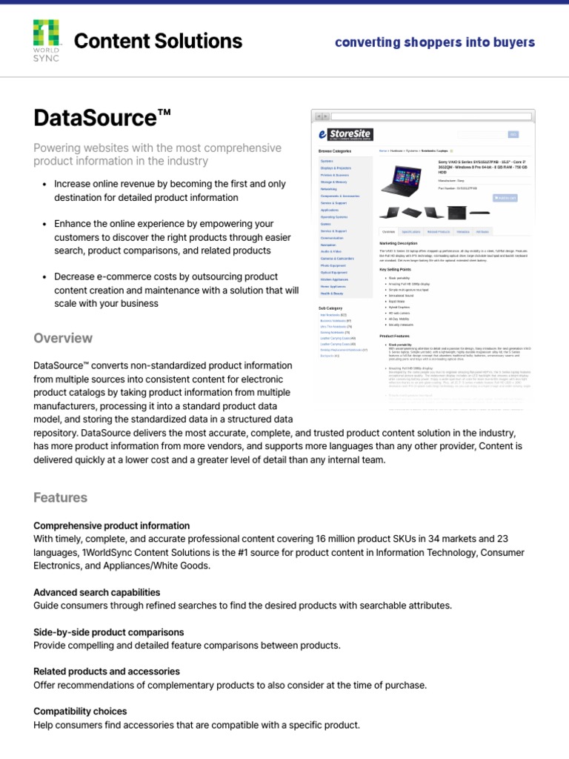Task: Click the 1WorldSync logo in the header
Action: click(x=47, y=41)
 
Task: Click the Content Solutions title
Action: click(x=158, y=41)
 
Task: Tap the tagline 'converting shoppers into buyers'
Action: click(x=434, y=42)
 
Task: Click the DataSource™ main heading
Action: click(x=102, y=117)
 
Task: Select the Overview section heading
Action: click(x=63, y=338)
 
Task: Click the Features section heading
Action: click(x=60, y=497)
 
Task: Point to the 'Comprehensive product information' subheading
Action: click(x=111, y=526)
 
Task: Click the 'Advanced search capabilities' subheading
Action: click(x=96, y=592)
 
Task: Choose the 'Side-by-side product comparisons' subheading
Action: click(x=108, y=632)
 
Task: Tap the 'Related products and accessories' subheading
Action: click(x=106, y=672)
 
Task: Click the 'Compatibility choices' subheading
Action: click(x=80, y=711)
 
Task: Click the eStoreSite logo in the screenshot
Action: click(x=345, y=135)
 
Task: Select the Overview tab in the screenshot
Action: click(x=388, y=232)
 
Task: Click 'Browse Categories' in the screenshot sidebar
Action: click(x=335, y=151)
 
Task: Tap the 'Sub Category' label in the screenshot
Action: click(x=330, y=308)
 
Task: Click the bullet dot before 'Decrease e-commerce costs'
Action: click(x=45, y=277)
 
